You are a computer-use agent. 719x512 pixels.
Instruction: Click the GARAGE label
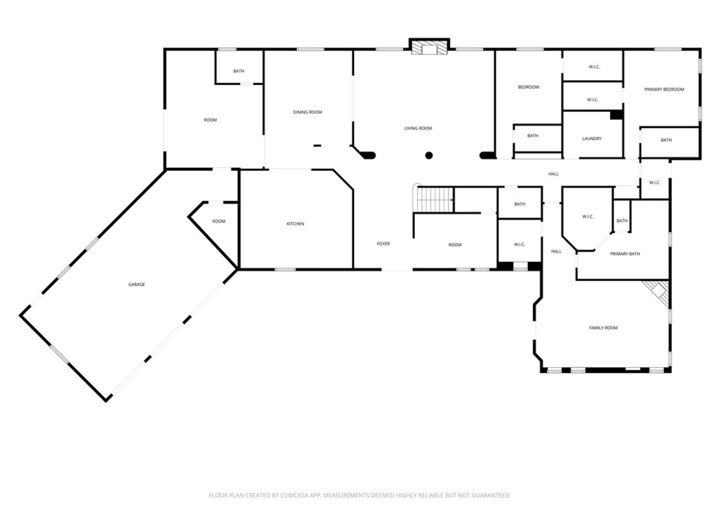click(136, 284)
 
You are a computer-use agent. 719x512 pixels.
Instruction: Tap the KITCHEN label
click(296, 224)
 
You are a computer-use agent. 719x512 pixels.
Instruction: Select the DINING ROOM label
click(308, 112)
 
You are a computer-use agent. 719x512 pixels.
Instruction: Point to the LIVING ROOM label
click(418, 129)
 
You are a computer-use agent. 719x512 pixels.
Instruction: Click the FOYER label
click(383, 244)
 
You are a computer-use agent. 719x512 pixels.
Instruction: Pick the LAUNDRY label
click(591, 138)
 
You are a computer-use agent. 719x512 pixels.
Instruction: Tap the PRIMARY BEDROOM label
click(664, 89)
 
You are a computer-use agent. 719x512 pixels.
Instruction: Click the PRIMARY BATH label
click(625, 254)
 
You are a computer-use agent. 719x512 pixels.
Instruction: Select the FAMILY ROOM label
click(603, 327)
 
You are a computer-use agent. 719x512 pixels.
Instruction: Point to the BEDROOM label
click(528, 87)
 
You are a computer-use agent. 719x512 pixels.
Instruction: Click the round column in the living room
click(429, 155)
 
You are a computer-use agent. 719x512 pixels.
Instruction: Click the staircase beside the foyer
click(434, 200)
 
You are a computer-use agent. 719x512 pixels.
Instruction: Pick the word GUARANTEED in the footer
click(493, 495)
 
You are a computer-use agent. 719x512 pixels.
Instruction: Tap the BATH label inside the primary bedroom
click(666, 140)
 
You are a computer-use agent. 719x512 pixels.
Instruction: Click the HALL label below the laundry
click(553, 174)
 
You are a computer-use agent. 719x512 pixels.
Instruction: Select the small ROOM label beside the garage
click(219, 221)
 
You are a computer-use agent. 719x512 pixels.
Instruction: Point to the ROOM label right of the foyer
click(455, 244)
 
